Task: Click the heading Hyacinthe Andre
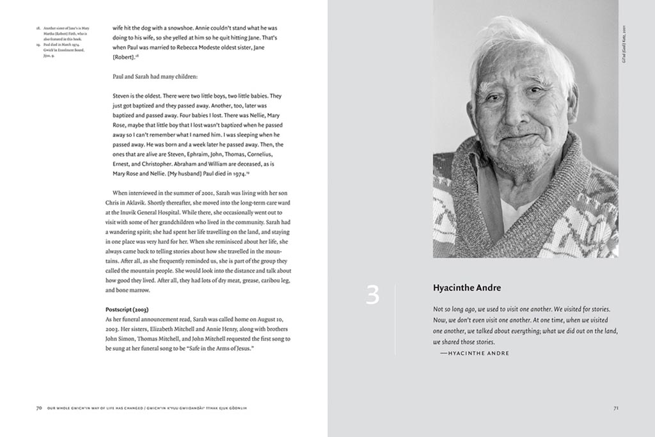(x=468, y=287)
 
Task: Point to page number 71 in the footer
(x=615, y=408)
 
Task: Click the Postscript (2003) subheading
(x=127, y=310)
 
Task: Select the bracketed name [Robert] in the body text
(x=123, y=58)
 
